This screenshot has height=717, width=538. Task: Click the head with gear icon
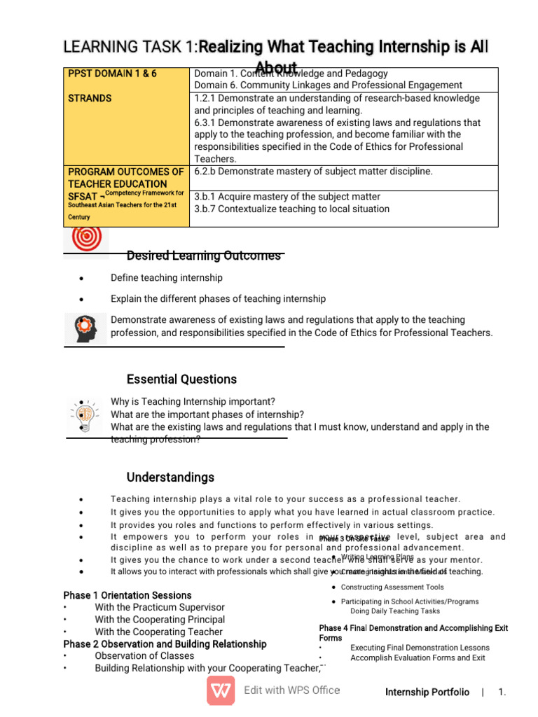pyautogui.click(x=86, y=328)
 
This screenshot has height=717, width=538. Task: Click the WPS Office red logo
pyautogui.click(x=221, y=690)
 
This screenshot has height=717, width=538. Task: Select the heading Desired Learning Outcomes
pyautogui.click(x=203, y=256)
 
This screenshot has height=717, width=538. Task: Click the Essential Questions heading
pyautogui.click(x=181, y=380)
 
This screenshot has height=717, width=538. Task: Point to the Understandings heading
pyautogui.click(x=170, y=478)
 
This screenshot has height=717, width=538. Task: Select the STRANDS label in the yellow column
pyautogui.click(x=90, y=98)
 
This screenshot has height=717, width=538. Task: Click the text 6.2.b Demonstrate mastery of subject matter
pyautogui.click(x=313, y=172)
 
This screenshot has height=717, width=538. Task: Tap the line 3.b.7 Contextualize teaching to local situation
pyautogui.click(x=291, y=209)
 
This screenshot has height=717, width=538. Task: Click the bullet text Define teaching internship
pyautogui.click(x=166, y=278)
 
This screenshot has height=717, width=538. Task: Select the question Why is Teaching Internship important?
pyautogui.click(x=193, y=402)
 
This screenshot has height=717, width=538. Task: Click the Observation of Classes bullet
pyautogui.click(x=145, y=656)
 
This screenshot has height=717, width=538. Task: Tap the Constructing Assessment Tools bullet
pyautogui.click(x=392, y=587)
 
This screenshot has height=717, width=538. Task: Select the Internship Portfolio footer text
pyautogui.click(x=427, y=692)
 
